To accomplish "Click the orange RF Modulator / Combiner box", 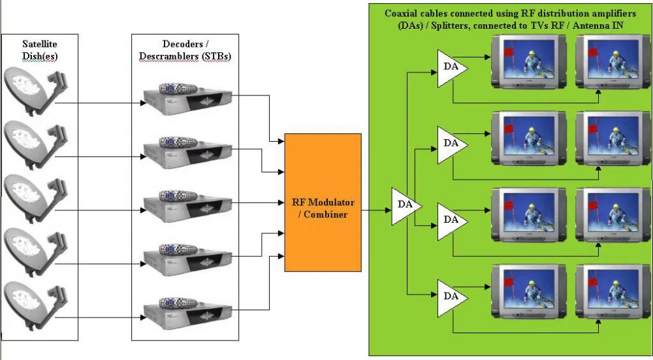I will click(x=323, y=203).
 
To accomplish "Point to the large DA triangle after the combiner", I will click(x=406, y=206).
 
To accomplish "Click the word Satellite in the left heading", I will click(x=40, y=44).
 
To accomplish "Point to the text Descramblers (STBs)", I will click(x=185, y=57).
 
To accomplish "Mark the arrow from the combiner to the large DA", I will click(x=376, y=210).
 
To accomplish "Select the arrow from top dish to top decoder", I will click(x=98, y=102).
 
